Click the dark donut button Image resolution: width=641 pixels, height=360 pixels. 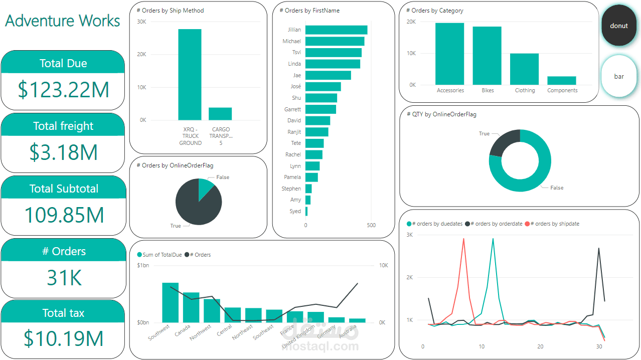[x=618, y=26]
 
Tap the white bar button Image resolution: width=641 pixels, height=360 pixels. [x=618, y=76]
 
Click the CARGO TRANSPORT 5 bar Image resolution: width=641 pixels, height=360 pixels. [x=220, y=114]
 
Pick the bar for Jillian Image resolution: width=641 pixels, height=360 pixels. [x=336, y=30]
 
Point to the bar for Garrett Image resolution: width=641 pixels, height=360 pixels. [x=320, y=109]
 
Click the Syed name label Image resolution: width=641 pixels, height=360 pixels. [x=295, y=211]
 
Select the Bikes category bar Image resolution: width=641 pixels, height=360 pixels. [x=487, y=56]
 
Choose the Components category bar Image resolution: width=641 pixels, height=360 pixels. [x=561, y=81]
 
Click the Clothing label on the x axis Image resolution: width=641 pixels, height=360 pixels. [x=525, y=91]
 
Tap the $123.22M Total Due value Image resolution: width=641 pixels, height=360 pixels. [x=63, y=90]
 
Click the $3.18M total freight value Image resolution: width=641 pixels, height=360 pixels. [x=63, y=152]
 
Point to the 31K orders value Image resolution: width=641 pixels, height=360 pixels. [x=64, y=277]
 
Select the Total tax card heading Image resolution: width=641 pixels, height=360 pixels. [x=63, y=313]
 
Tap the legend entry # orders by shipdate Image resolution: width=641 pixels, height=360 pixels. [x=555, y=224]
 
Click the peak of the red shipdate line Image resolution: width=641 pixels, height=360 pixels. [x=463, y=239]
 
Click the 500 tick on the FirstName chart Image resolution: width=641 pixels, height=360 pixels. [x=371, y=226]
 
